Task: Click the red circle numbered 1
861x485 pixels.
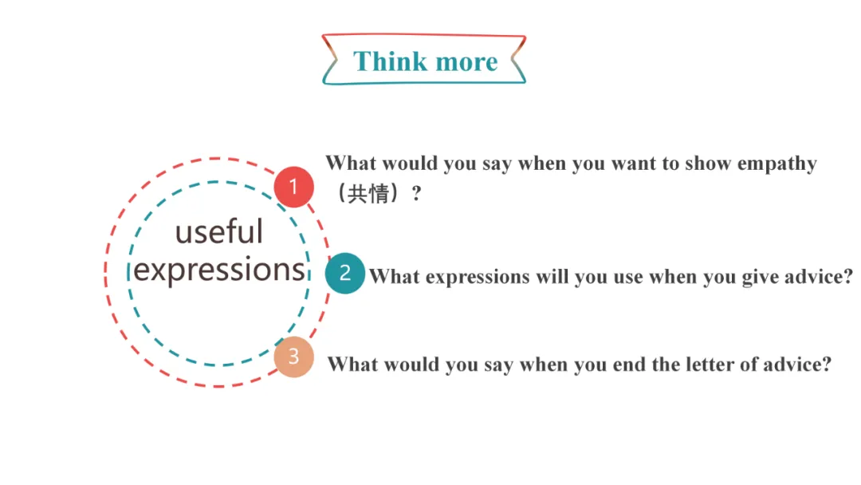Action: click(x=293, y=187)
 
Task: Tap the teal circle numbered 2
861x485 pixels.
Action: click(x=344, y=274)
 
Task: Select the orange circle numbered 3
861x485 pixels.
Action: click(x=293, y=357)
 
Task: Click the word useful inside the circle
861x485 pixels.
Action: click(x=218, y=232)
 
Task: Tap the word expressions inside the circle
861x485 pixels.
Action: click(x=219, y=270)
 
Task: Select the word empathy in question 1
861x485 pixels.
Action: click(x=776, y=164)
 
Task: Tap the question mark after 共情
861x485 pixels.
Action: click(x=415, y=194)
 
